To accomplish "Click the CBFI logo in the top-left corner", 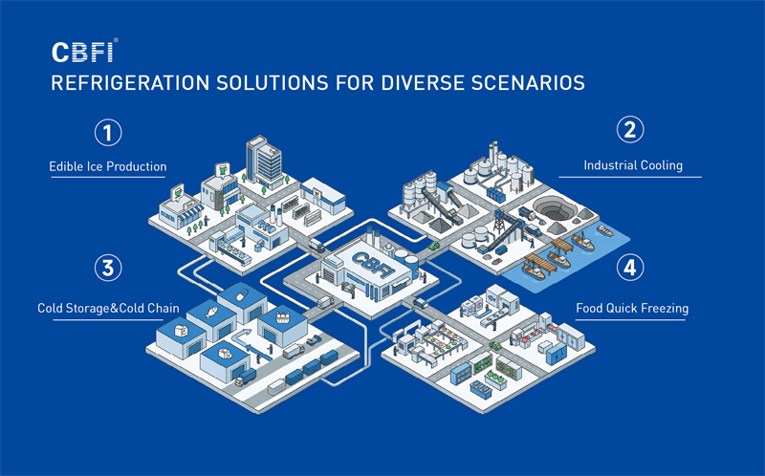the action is [x=84, y=52].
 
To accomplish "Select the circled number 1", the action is [x=108, y=133].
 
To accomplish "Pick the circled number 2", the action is [x=630, y=130].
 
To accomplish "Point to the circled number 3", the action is [x=108, y=268].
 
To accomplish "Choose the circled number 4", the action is [x=630, y=268].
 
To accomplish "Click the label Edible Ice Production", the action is [x=108, y=166].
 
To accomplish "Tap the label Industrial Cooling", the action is [x=633, y=165].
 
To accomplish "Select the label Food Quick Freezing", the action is [x=632, y=308].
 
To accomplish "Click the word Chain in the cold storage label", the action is [x=164, y=308].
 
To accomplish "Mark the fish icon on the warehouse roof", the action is [x=211, y=312].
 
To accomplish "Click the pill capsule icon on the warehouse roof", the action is [x=242, y=295].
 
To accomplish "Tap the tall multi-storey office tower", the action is [x=264, y=161].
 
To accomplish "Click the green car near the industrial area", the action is [x=434, y=246].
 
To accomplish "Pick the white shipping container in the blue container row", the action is [x=276, y=387].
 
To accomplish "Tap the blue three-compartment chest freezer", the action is [x=481, y=390].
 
